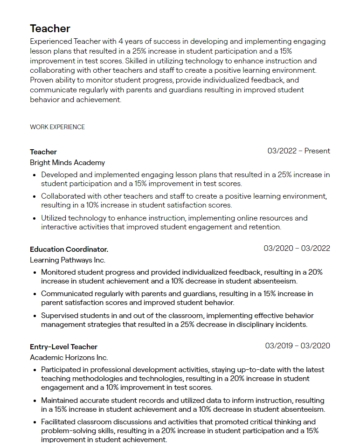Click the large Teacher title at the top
tap(50, 29)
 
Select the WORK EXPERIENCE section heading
tap(57, 127)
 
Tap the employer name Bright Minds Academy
tap(67, 163)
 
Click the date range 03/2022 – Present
tap(298, 151)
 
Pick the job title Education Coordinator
tap(69, 249)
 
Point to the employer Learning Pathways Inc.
tap(68, 260)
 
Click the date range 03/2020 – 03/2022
tap(297, 249)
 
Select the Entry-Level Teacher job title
tap(63, 347)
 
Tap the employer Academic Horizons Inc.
tap(69, 358)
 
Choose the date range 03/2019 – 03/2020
tap(298, 346)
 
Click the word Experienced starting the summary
tap(51, 42)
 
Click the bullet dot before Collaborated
tap(35, 197)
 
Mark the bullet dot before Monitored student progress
tap(35, 272)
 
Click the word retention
tap(265, 227)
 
